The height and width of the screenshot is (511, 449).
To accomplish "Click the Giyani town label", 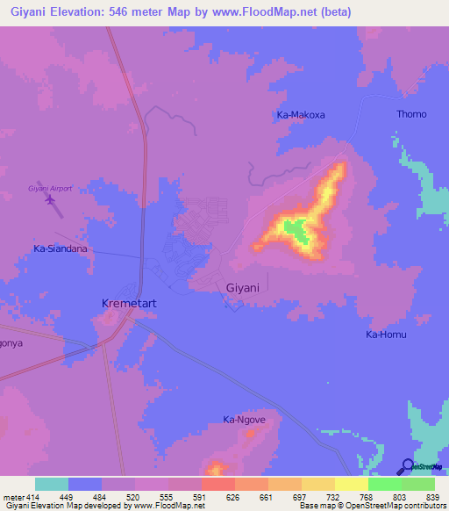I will tap(242, 287).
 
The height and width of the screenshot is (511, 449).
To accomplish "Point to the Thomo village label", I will tap(411, 114).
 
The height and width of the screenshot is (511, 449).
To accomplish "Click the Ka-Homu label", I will tap(387, 335).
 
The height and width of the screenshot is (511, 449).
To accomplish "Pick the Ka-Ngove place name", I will tap(244, 420).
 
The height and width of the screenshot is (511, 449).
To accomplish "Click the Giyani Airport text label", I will tap(49, 189).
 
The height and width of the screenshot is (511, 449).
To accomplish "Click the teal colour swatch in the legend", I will tap(51, 484).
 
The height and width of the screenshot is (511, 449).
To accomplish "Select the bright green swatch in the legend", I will tap(384, 484).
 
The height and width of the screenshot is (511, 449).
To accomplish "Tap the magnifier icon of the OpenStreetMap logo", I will tap(407, 465).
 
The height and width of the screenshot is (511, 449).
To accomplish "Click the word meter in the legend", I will tap(13, 497).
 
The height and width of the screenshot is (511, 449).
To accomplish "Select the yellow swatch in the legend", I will tap(351, 484).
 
